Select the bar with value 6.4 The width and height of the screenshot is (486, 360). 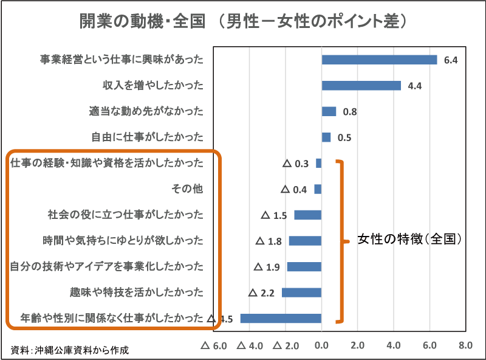(379, 60)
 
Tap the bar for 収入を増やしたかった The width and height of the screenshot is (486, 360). (361, 86)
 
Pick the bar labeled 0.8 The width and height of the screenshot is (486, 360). (329, 111)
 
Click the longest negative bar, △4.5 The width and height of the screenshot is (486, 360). (281, 318)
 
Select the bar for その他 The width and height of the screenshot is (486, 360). (318, 189)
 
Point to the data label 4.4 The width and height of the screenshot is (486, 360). (415, 86)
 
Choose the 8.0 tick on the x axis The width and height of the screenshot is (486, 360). (465, 346)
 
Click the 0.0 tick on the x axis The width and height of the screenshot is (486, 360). (321, 346)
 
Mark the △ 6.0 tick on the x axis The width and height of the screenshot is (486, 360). (213, 346)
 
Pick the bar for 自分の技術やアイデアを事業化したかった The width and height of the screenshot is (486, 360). (304, 266)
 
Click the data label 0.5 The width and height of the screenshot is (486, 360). (344, 137)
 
